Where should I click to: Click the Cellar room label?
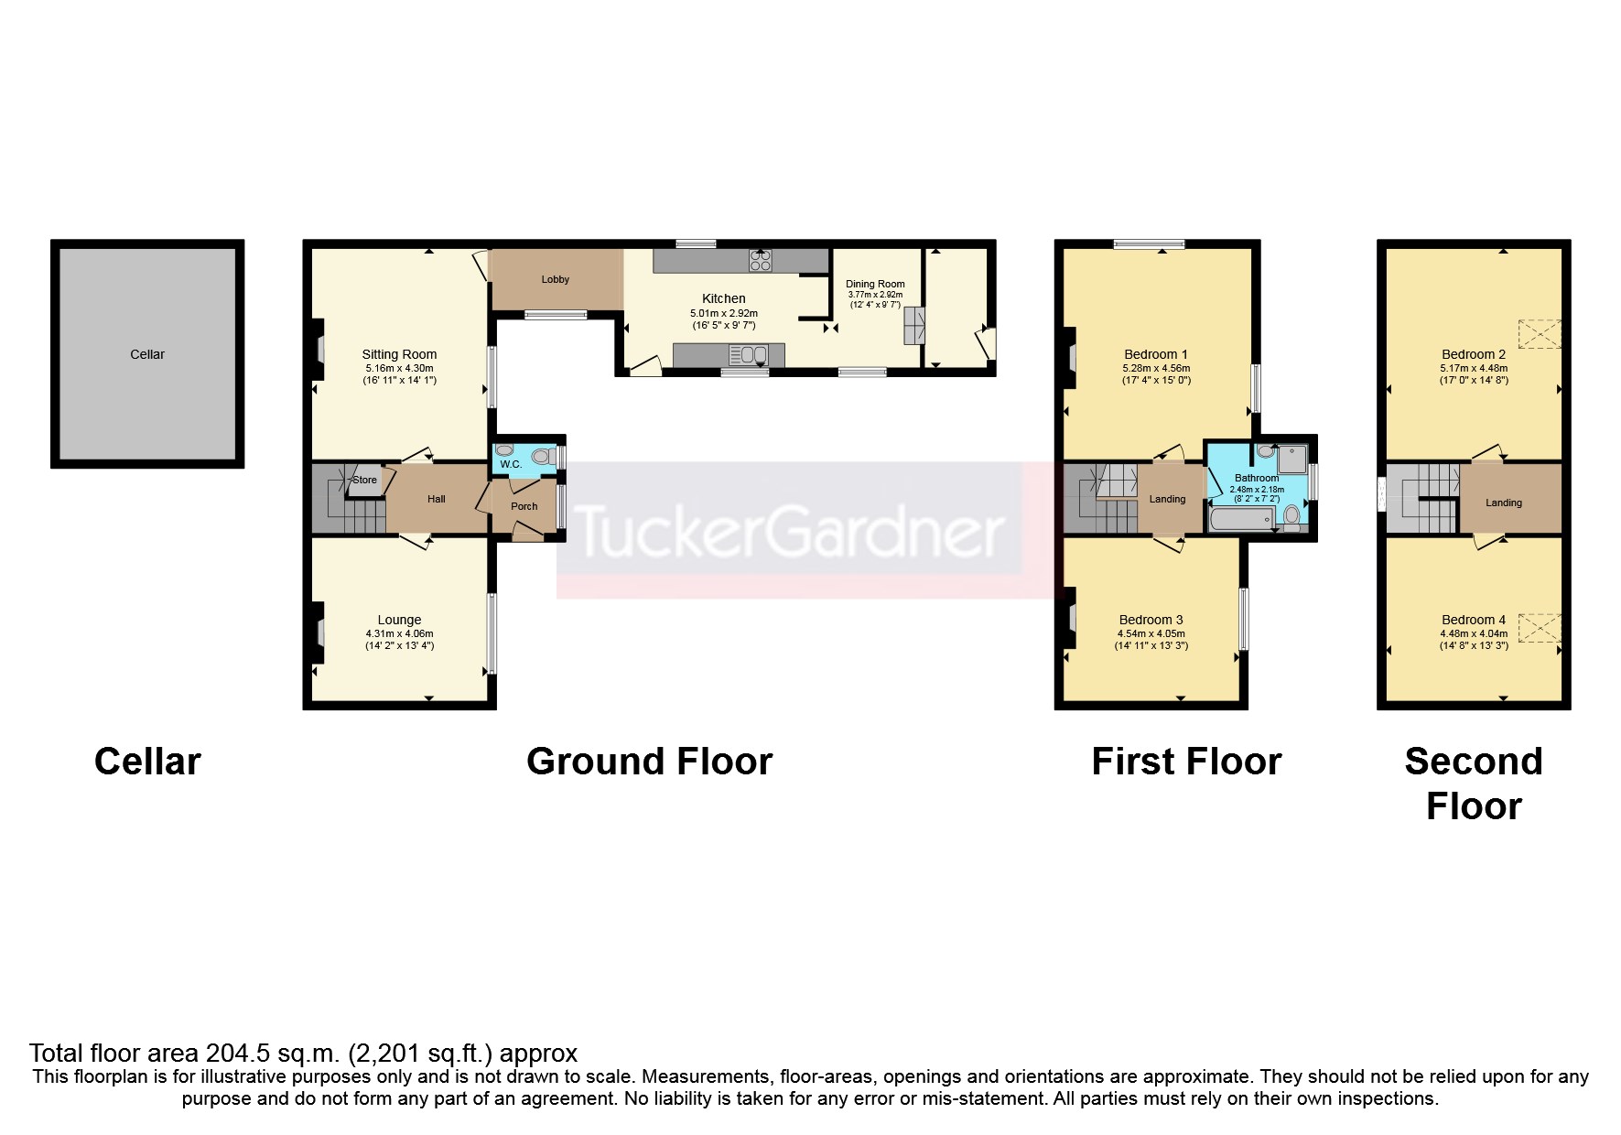pos(147,354)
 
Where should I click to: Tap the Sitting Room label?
pos(399,354)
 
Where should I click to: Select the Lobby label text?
pos(556,279)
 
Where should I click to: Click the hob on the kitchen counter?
pos(760,260)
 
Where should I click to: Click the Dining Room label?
pos(875,284)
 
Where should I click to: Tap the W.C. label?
pos(511,464)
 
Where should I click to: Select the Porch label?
pos(524,506)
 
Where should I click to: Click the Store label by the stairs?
pos(364,480)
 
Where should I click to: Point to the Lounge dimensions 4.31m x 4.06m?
pos(399,633)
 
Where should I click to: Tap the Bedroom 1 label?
pos(1156,354)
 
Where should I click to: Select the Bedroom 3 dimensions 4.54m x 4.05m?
pos(1151,633)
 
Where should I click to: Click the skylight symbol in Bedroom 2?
pos(1540,333)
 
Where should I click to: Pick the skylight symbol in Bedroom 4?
pos(1540,628)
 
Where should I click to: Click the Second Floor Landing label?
pos(1504,503)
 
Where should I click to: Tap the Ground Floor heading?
pos(649,762)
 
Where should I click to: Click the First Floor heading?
pos(1186,762)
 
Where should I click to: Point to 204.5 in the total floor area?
pos(220,1054)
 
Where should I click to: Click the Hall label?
pos(437,499)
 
